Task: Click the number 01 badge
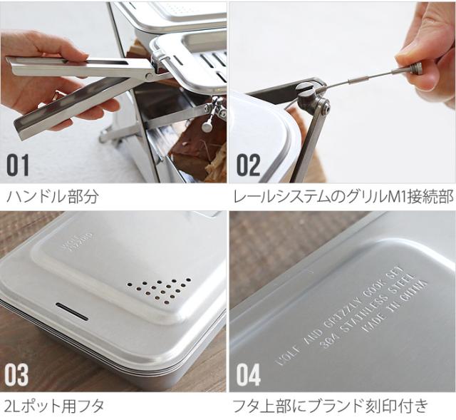click(19, 165)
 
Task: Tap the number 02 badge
click(249, 165)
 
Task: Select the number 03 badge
click(19, 374)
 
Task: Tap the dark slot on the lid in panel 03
click(71, 312)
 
